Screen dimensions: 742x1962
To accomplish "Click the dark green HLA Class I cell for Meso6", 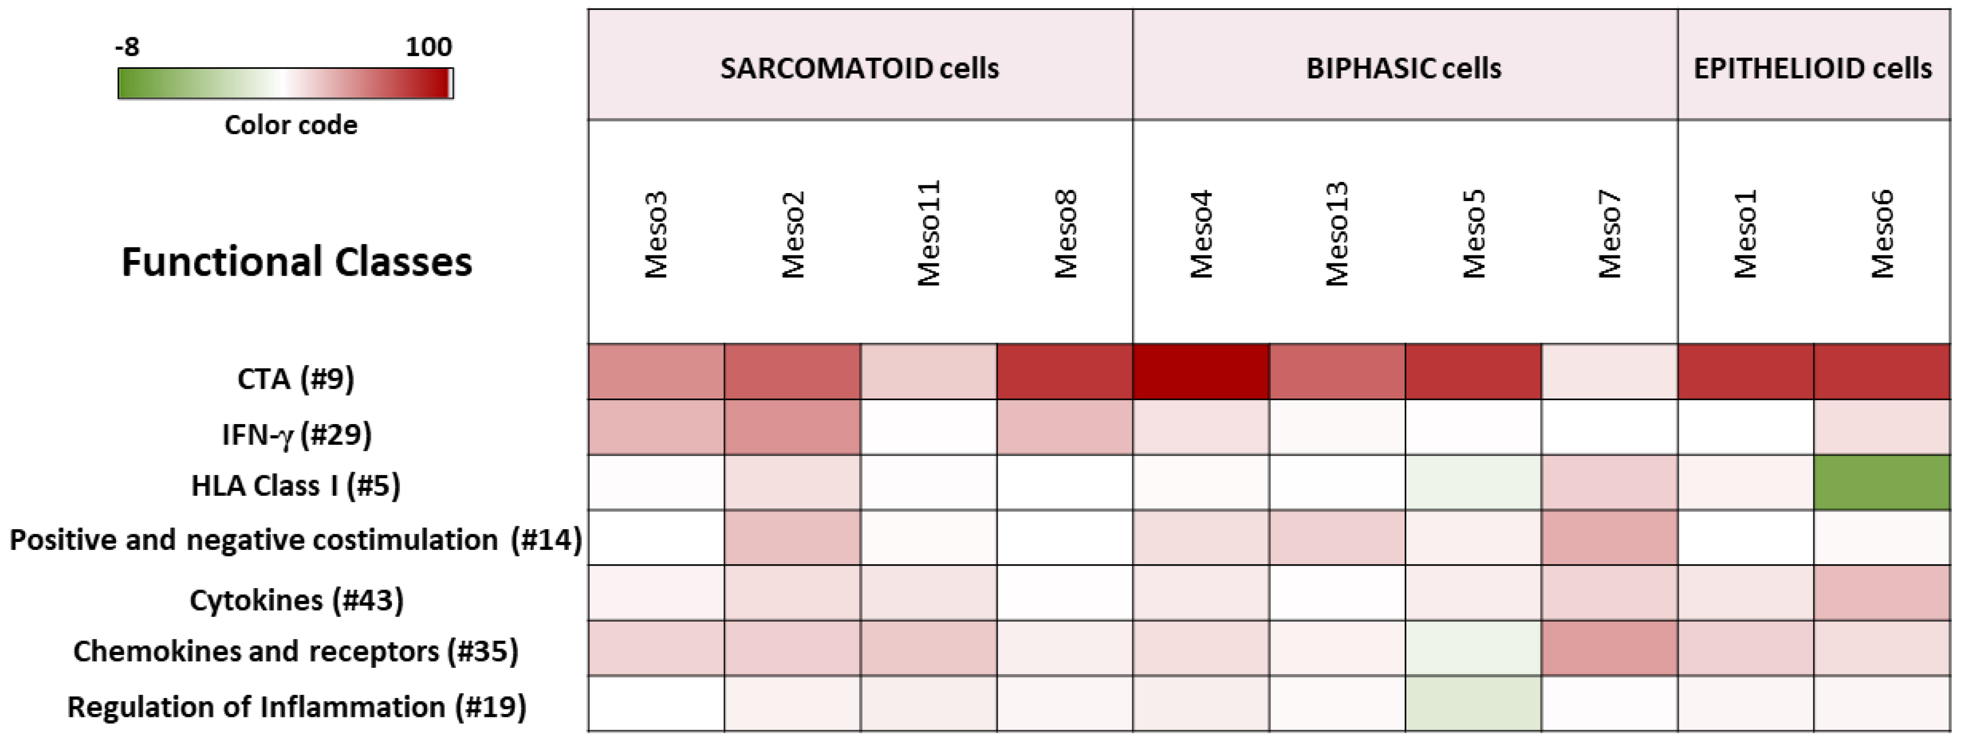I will [x=1881, y=483].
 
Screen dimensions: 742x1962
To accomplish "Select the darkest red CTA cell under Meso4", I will [x=1200, y=371].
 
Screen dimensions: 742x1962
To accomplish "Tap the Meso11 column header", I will [x=929, y=233].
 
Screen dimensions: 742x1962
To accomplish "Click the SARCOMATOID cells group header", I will [x=859, y=68].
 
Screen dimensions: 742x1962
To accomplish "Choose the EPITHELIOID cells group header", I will [x=1812, y=68].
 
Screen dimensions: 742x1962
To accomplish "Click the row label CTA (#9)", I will [x=296, y=378].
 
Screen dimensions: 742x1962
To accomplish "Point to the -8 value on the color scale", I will [x=127, y=47].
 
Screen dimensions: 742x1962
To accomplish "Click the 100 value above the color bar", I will [x=428, y=47].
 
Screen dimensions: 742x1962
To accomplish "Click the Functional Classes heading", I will [x=297, y=262].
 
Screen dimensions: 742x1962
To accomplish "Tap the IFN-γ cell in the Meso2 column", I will [x=792, y=427].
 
